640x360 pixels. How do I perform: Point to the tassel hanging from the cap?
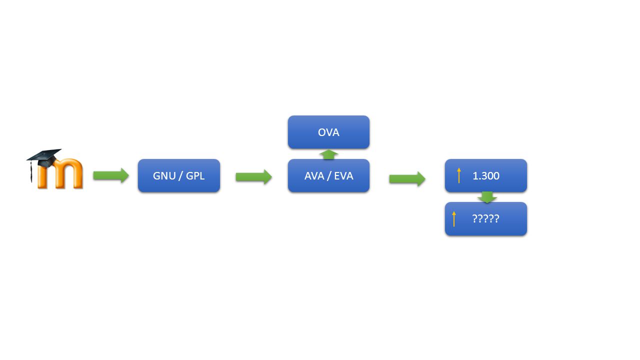[31, 171]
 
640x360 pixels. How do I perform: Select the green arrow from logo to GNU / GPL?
[111, 175]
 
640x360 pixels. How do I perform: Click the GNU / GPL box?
[179, 175]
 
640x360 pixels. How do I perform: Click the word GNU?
[164, 175]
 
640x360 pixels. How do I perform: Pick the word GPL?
[195, 175]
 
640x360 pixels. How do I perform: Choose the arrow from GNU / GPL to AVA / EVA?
[253, 177]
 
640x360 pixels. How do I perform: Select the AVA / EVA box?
[328, 175]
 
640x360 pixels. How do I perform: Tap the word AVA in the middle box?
[314, 175]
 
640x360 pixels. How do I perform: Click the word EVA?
[343, 175]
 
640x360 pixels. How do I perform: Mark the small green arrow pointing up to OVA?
[329, 154]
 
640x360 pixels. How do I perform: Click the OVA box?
[328, 132]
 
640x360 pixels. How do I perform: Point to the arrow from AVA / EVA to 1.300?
[407, 179]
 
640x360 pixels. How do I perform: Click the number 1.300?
[486, 175]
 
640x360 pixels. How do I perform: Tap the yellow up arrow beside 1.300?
[459, 175]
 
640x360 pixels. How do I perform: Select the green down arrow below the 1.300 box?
[487, 197]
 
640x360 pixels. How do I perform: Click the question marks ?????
[485, 219]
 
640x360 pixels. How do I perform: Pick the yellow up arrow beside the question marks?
[454, 219]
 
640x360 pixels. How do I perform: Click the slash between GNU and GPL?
[181, 175]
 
